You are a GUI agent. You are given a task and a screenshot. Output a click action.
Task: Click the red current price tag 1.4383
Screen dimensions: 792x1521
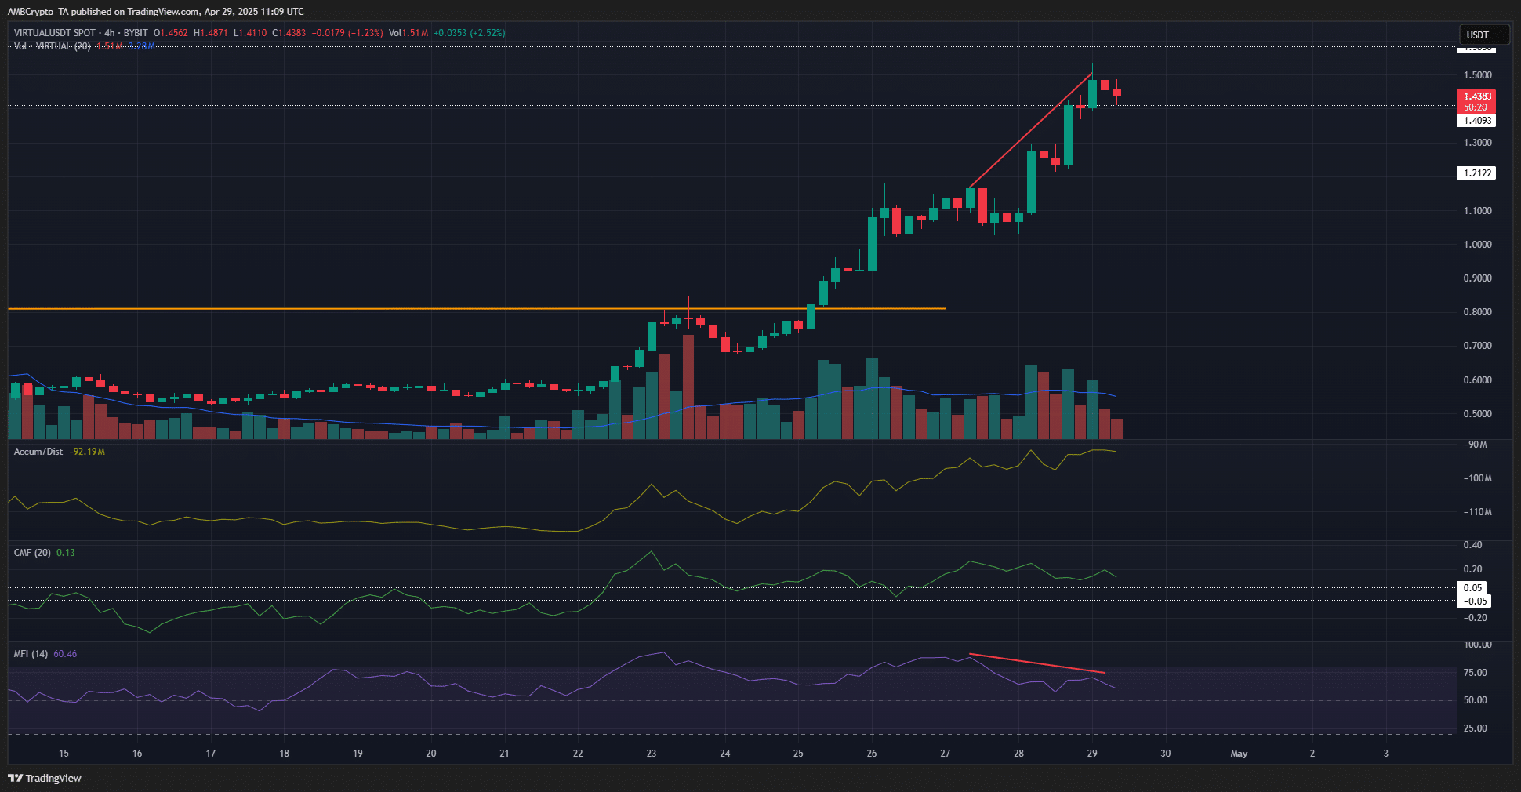[x=1477, y=96]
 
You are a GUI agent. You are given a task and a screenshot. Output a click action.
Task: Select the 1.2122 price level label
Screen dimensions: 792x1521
[x=1477, y=173]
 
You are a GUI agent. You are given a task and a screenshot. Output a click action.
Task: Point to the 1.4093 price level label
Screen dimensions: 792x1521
[x=1477, y=121]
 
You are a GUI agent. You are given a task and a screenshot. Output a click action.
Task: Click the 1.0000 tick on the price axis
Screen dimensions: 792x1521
[x=1477, y=244]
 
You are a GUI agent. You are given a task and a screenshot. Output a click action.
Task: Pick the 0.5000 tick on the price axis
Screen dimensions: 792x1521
[x=1477, y=413]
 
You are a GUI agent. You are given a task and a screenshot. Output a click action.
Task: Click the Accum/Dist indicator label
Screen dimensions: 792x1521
[x=38, y=452]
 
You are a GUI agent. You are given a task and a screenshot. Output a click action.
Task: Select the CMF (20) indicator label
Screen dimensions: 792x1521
[x=32, y=553]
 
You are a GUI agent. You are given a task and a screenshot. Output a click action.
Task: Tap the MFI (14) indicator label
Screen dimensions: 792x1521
[x=31, y=654]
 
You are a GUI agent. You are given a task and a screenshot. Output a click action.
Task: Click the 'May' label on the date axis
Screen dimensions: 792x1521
[x=1239, y=754]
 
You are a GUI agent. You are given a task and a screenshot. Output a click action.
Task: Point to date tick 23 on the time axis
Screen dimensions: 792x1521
[x=652, y=754]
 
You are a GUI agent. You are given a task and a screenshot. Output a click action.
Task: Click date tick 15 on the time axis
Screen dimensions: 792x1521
[x=64, y=754]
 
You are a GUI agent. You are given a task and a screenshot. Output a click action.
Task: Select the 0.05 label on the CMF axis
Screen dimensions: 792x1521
[x=1472, y=587]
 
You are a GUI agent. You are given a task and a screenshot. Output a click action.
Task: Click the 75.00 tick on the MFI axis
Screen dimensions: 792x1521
[x=1475, y=672]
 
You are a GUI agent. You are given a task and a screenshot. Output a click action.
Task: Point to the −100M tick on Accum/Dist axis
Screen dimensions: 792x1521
[x=1477, y=478]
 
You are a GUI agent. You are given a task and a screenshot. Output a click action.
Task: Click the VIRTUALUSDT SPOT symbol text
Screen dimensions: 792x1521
[x=54, y=33]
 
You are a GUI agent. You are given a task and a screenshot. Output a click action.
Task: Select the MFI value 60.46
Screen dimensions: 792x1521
[x=65, y=654]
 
